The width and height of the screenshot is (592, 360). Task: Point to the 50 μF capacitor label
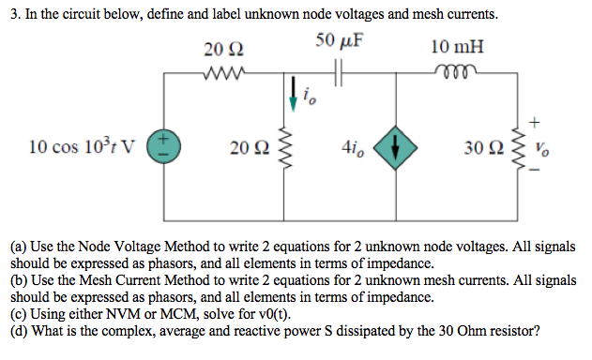(341, 41)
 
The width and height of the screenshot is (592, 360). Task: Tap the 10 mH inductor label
(458, 47)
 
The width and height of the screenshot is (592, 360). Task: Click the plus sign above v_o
(536, 121)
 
